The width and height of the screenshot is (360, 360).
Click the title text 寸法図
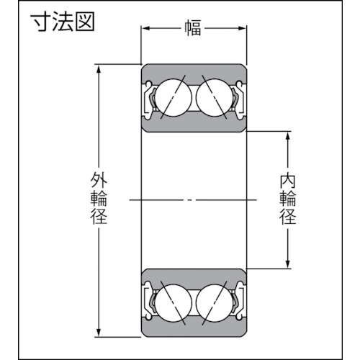tap(63, 22)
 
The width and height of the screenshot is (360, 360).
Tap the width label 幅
tap(192, 28)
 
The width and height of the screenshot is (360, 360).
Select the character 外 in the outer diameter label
tap(99, 180)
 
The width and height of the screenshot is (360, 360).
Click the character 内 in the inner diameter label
tap(288, 181)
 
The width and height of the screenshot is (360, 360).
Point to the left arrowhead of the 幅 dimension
tap(146, 28)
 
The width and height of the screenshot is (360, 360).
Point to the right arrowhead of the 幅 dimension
tap(242, 28)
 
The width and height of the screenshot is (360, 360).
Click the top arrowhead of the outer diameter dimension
tap(99, 69)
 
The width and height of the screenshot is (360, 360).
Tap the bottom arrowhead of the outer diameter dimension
tap(99, 333)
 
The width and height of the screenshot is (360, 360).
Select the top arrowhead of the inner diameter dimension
tap(288, 136)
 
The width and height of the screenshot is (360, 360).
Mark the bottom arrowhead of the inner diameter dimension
tap(288, 264)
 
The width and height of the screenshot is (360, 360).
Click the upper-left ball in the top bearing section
tap(174, 98)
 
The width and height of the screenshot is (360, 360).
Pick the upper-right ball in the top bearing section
tap(215, 98)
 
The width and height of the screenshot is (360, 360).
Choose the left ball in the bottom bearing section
tap(174, 303)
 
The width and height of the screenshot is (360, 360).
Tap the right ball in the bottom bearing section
tap(215, 303)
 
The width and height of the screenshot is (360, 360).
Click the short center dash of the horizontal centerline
tap(189, 199)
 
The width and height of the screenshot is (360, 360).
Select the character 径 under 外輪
tap(99, 216)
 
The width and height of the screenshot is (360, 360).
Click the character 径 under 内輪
tap(288, 217)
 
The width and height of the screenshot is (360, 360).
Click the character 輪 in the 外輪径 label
tap(99, 198)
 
